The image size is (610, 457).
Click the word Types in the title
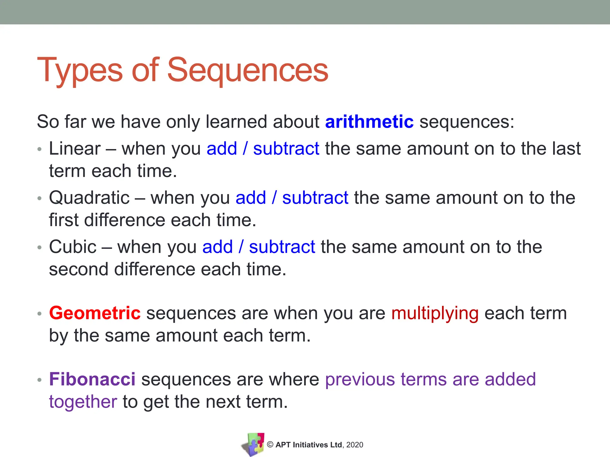(80, 70)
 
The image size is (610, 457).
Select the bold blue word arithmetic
(369, 122)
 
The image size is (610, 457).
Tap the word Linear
(75, 148)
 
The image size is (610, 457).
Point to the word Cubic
(73, 247)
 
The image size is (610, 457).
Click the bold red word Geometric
(95, 313)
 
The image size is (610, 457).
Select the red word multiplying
(435, 314)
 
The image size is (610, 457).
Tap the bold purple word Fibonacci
(92, 379)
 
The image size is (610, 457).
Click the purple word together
(83, 402)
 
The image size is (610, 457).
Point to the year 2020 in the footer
(355, 445)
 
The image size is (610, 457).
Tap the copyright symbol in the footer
(270, 445)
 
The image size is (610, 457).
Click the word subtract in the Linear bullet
(286, 148)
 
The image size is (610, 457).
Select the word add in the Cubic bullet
(217, 247)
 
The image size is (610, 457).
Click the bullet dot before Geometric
(40, 314)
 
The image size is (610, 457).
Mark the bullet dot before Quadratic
(40, 198)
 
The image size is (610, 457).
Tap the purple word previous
(360, 379)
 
